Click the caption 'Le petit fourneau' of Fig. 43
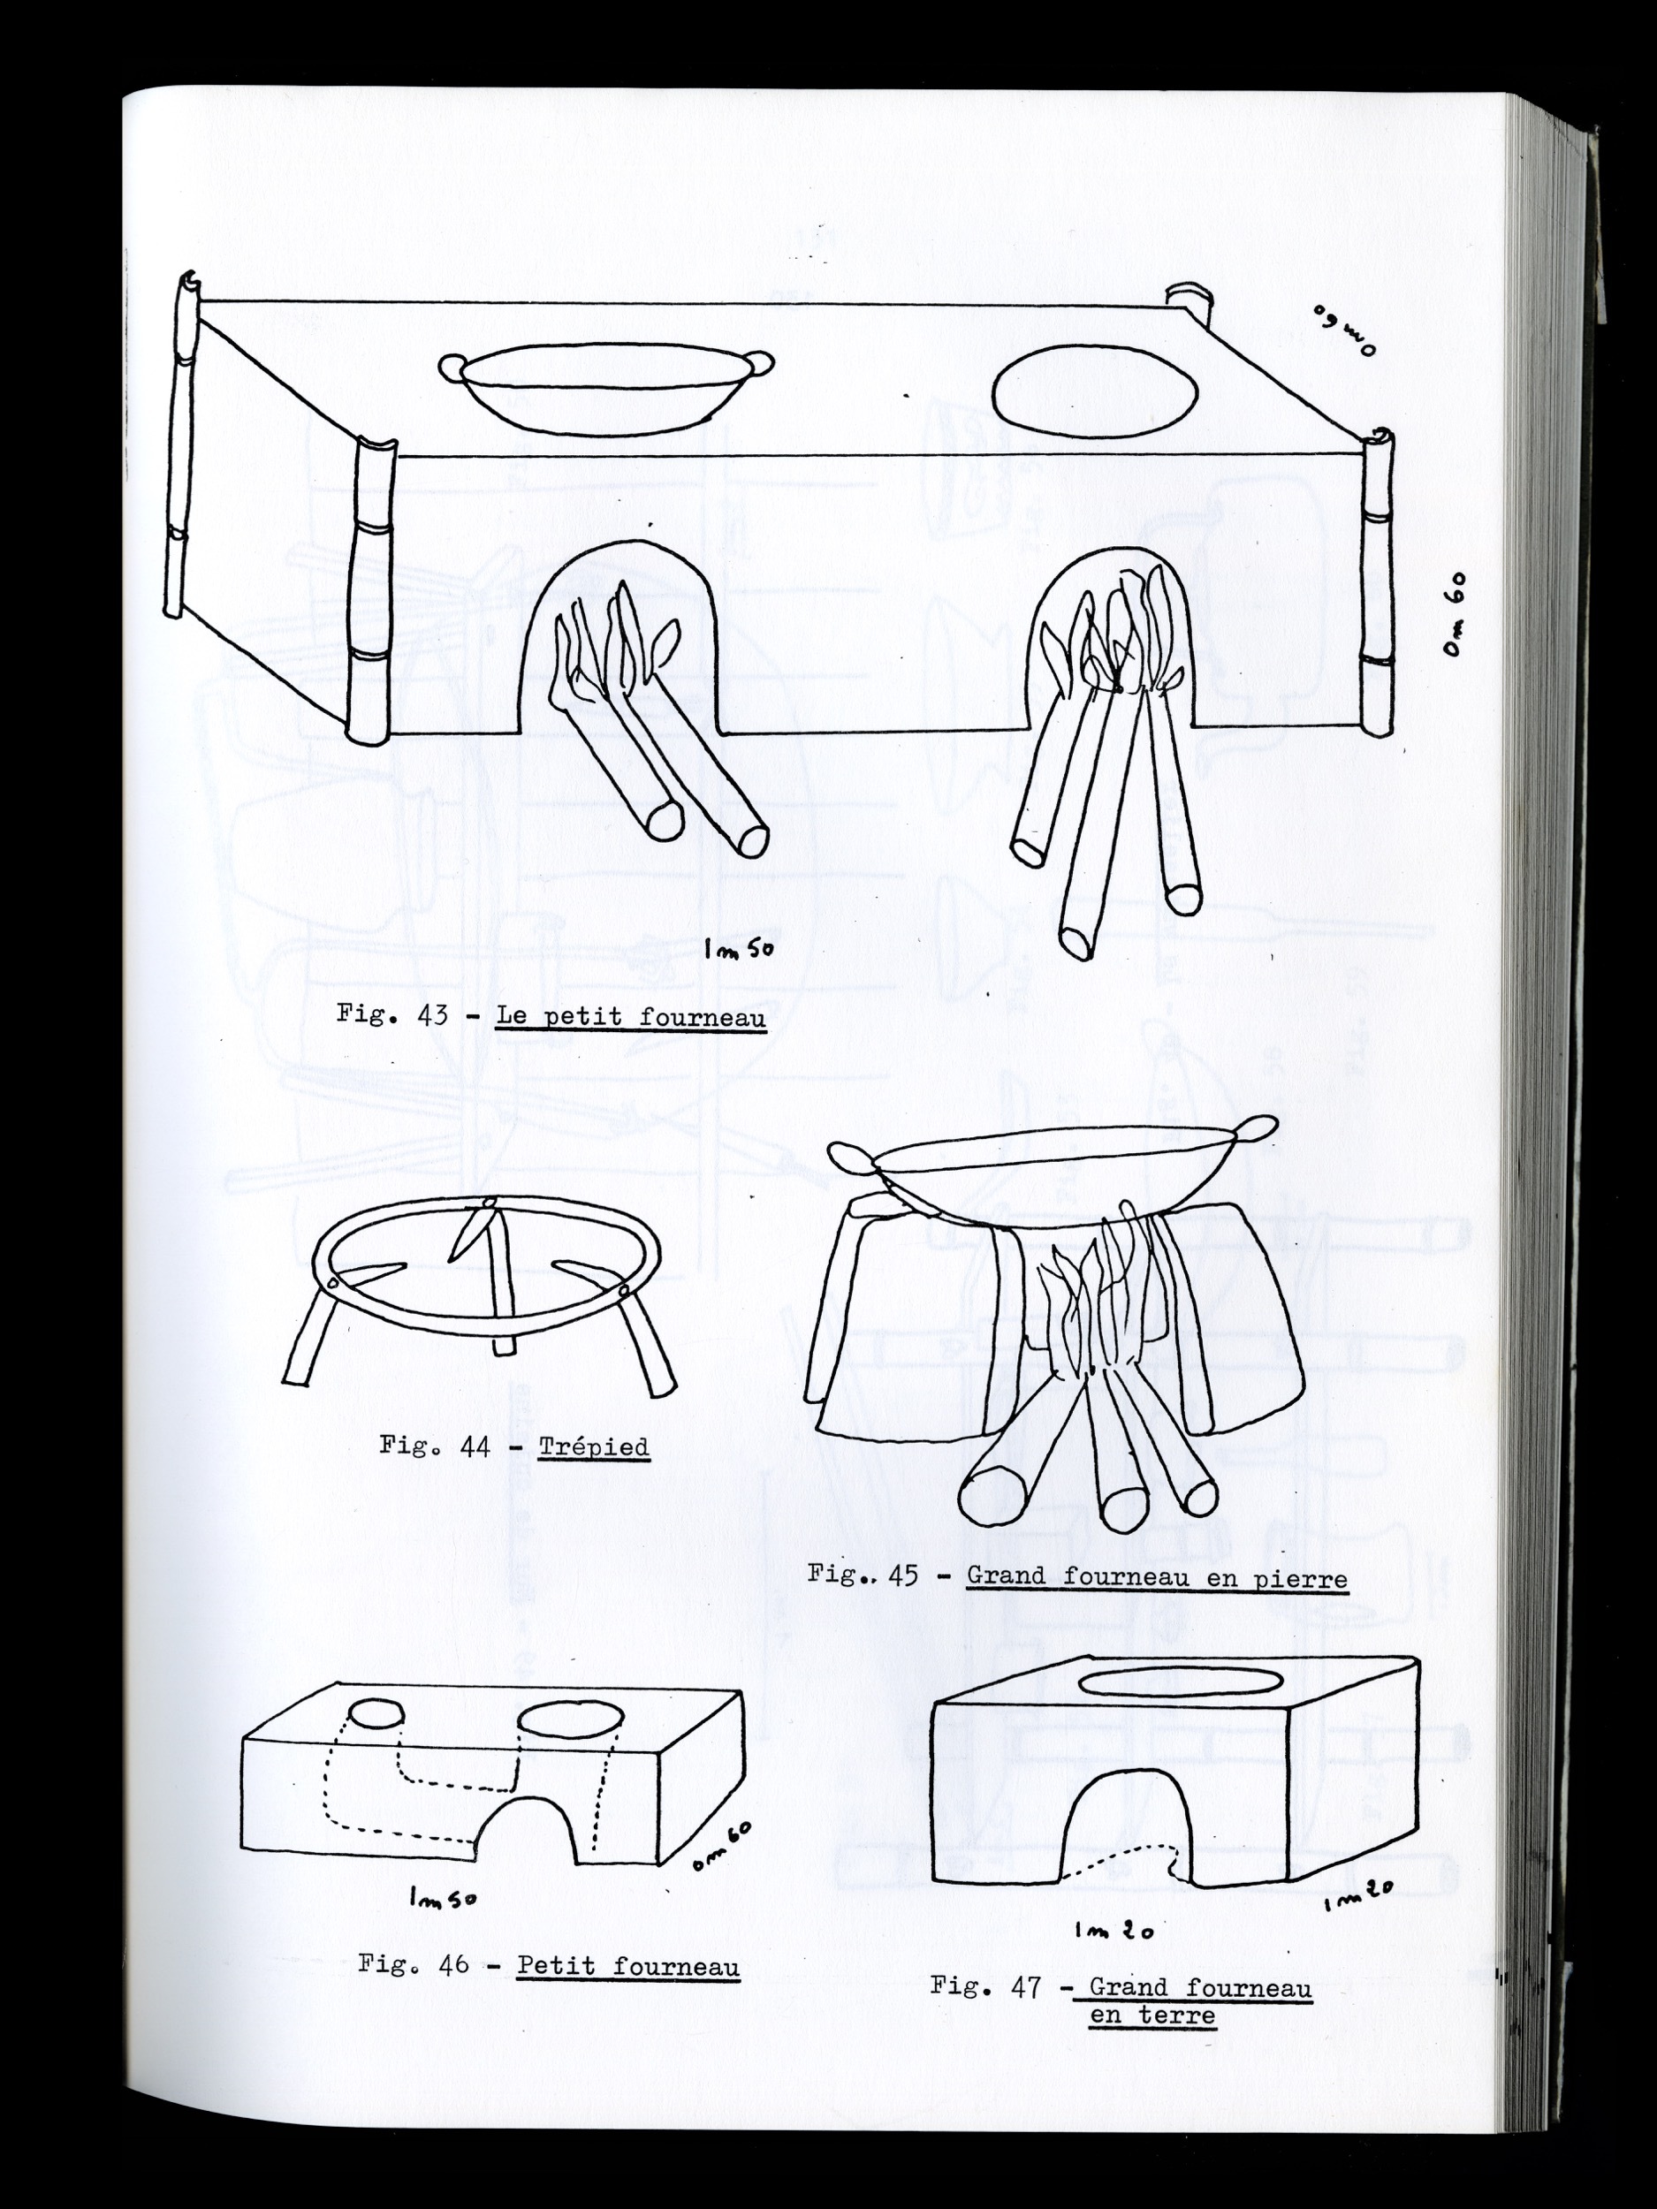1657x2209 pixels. [631, 1018]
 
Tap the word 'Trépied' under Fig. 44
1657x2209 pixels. [594, 1447]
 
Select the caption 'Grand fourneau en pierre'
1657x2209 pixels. [1157, 1578]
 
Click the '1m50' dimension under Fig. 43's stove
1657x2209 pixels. [738, 950]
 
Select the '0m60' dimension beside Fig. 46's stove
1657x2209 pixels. [721, 1846]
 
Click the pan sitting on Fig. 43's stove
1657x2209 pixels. [606, 391]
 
